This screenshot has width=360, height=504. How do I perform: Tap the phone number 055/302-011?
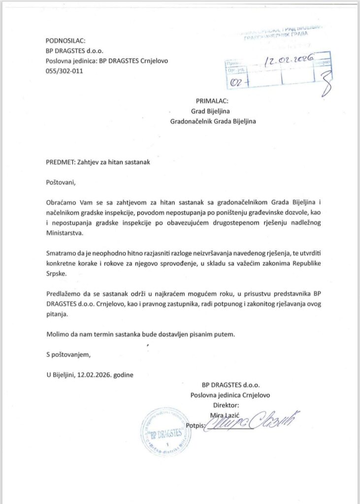coord(65,71)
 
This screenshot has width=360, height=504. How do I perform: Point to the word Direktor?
coord(226,405)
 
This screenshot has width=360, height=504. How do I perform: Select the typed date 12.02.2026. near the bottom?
coord(95,374)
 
